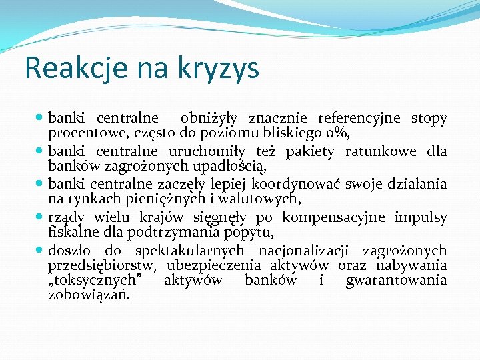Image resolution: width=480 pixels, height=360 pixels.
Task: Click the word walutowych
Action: (x=257, y=198)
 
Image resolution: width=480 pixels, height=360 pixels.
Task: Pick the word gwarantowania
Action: (x=396, y=280)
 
